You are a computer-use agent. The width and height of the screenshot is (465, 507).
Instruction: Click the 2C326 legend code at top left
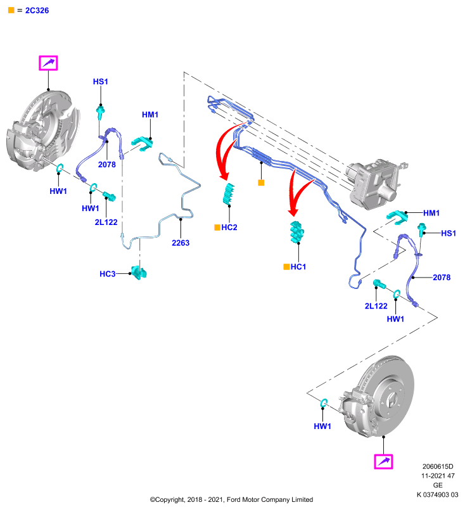click(37, 11)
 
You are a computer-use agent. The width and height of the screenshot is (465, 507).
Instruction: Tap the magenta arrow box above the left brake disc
click(48, 63)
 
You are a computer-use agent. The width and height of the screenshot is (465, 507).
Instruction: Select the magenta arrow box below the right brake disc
click(383, 461)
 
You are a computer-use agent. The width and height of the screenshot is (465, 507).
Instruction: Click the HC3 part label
click(107, 274)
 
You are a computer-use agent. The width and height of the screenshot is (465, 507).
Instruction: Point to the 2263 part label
click(181, 243)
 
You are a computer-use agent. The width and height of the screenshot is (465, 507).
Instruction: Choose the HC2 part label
click(229, 228)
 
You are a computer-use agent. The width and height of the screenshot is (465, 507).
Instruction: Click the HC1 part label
click(298, 267)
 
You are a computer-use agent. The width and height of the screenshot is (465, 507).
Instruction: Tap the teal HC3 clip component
click(139, 273)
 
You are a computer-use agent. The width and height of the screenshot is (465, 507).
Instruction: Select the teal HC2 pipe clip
click(229, 193)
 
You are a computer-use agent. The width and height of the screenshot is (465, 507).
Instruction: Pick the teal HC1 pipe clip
click(296, 232)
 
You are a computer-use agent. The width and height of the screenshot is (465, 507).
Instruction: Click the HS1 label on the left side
click(101, 82)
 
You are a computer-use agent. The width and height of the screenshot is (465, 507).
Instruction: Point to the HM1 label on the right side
click(431, 213)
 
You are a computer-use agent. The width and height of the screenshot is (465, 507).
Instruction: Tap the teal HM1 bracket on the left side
click(142, 144)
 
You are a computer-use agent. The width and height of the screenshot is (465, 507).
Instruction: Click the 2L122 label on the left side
click(106, 222)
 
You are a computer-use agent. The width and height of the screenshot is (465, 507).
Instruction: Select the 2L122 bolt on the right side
click(379, 284)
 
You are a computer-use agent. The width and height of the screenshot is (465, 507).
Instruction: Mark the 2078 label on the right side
click(442, 278)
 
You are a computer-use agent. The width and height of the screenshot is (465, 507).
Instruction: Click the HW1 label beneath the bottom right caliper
click(322, 426)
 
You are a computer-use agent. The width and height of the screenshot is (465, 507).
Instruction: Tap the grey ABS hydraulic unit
click(376, 183)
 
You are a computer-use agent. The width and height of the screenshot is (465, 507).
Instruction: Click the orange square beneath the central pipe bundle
click(261, 183)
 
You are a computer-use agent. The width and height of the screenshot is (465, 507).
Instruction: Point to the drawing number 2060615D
click(438, 466)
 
